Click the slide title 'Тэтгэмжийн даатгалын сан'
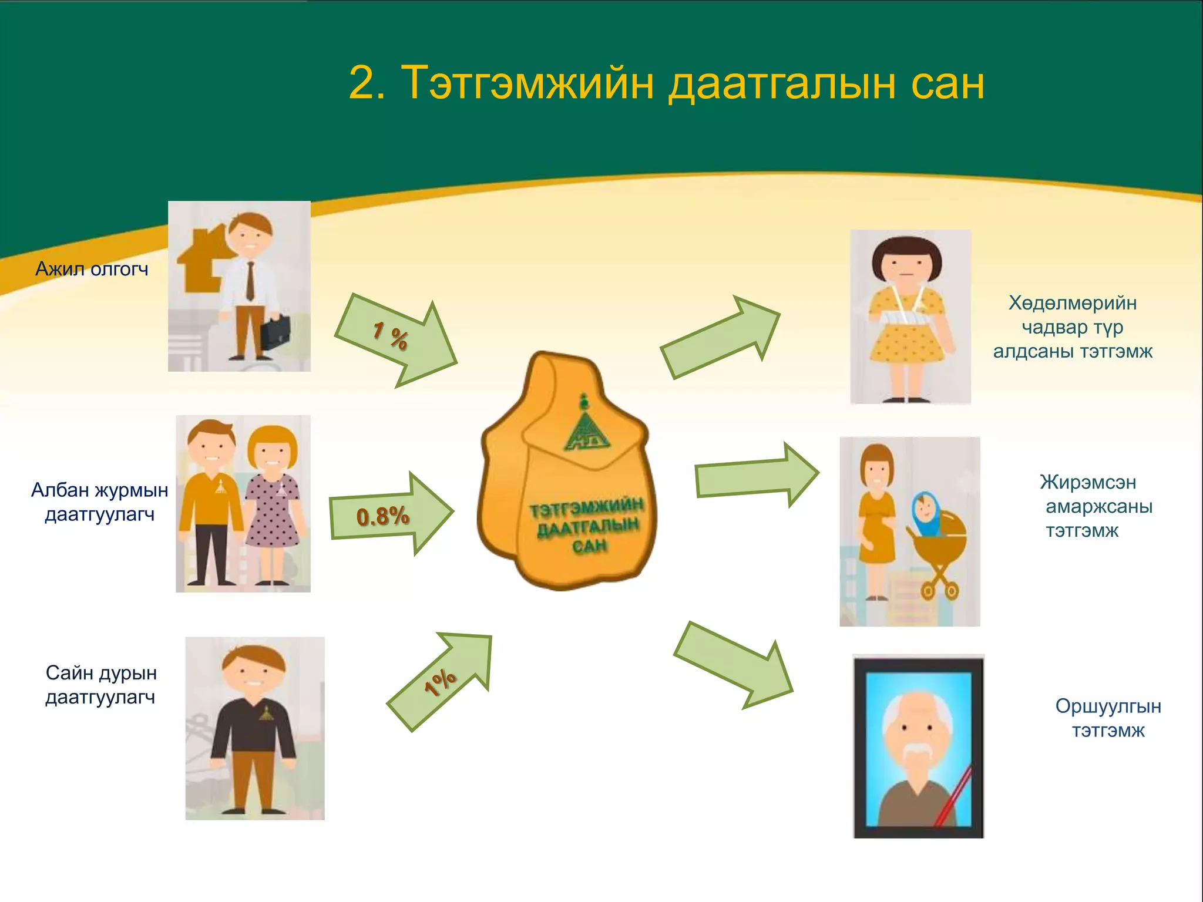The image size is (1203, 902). [666, 83]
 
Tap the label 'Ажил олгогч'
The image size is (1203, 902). [92, 269]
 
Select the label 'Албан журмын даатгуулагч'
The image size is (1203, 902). [99, 502]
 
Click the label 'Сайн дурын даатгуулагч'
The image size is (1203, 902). [101, 685]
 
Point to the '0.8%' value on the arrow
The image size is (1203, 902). [382, 516]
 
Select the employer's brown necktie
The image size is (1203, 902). [250, 281]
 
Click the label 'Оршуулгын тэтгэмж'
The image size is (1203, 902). [1108, 718]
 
